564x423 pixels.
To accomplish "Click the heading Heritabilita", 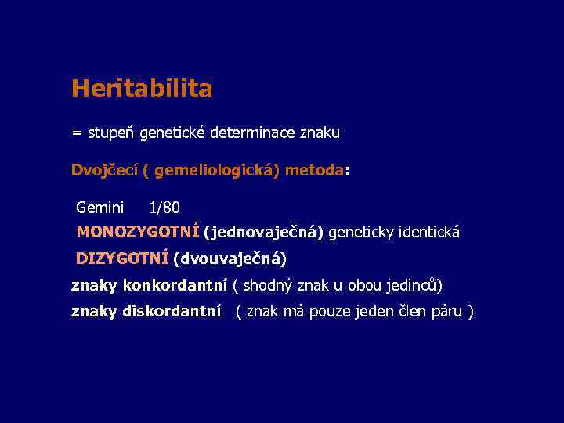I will (x=141, y=89).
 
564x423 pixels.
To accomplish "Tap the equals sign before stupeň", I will (x=76, y=133).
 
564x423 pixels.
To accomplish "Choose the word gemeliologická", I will (x=216, y=171).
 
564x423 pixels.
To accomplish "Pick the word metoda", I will (x=314, y=171).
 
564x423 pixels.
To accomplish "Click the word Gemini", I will (x=99, y=208).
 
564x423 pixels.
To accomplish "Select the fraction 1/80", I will (x=164, y=208).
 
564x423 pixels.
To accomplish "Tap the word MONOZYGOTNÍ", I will (x=138, y=233).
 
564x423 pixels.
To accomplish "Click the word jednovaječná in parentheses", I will (x=263, y=233).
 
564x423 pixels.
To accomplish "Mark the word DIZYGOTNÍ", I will (x=122, y=258).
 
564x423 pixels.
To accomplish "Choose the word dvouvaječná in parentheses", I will (x=230, y=258).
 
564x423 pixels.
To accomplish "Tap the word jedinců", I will (x=414, y=284).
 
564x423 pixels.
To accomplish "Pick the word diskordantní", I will (x=171, y=312).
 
